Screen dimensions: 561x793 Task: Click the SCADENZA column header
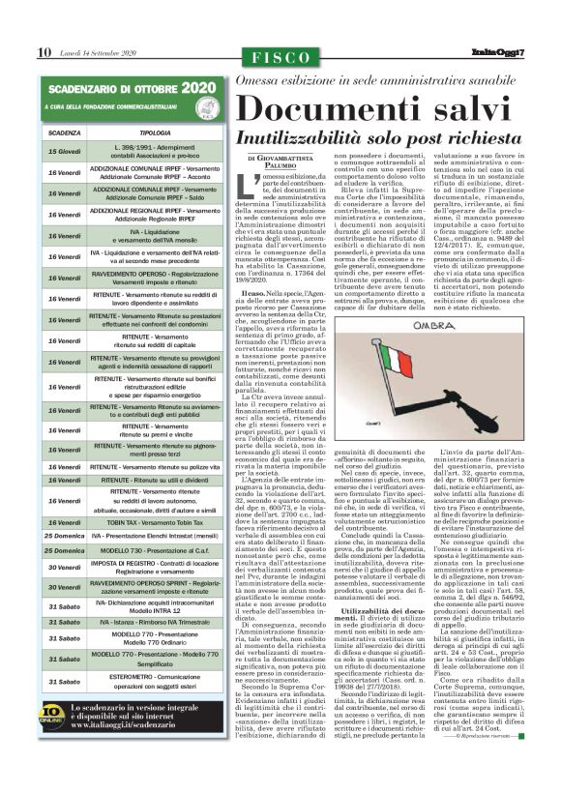[x=64, y=132]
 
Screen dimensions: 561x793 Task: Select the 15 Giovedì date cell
[x=64, y=151]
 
